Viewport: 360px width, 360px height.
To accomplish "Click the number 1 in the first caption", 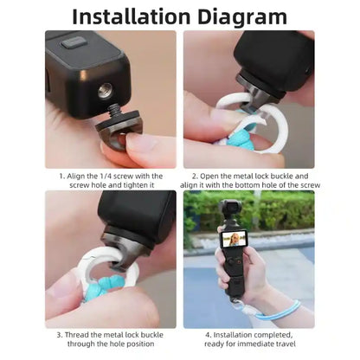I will (x=61, y=176).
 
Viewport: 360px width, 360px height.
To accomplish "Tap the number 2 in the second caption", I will (x=195, y=176).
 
